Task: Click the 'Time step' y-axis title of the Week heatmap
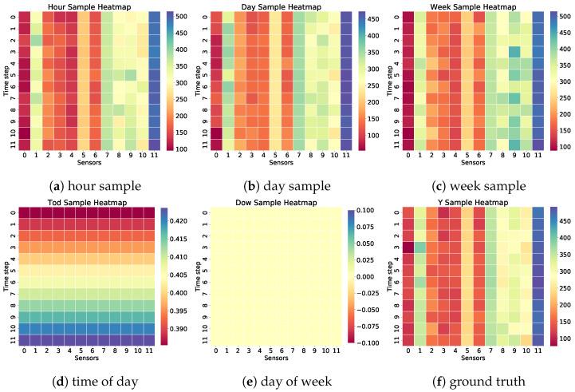pyautogui.click(x=391, y=81)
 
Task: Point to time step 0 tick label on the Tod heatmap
pyautogui.click(x=14, y=213)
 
